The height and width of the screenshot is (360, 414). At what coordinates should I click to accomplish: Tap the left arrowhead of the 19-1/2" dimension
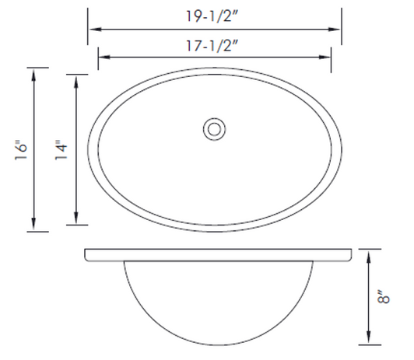(91, 29)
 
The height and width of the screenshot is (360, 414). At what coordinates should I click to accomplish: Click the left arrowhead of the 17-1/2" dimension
(102, 57)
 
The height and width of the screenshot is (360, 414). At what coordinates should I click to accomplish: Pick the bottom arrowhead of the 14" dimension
(75, 221)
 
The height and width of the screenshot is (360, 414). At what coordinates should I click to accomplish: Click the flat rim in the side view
(218, 254)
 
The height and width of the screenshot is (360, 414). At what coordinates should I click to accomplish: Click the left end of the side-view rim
(85, 254)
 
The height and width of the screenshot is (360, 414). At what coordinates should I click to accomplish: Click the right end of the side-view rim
(351, 254)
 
